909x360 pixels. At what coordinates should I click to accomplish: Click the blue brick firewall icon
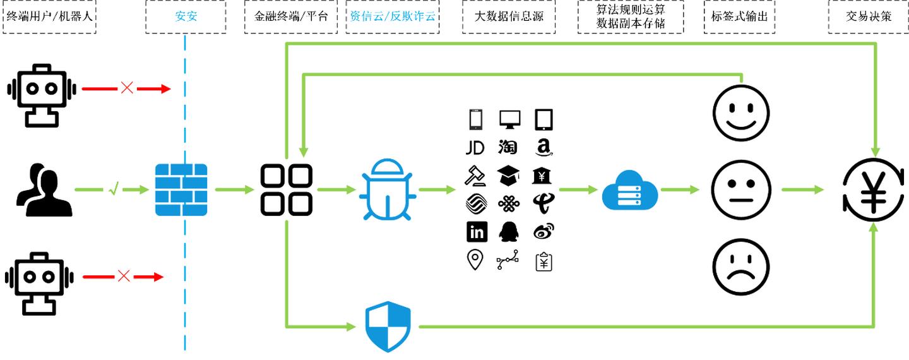point(181,189)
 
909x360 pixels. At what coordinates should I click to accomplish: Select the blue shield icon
point(388,327)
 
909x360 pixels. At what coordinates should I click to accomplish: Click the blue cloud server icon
point(629,189)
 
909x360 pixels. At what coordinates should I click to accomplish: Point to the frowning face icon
point(741,267)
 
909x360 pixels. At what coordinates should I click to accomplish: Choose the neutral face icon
point(741,189)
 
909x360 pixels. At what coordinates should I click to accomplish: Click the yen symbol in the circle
point(874,189)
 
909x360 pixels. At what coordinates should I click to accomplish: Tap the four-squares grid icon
point(287,189)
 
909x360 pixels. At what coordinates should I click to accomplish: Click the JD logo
point(475,148)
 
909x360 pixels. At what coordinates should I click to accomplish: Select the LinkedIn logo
point(477,232)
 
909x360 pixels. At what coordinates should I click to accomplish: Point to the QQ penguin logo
point(508,232)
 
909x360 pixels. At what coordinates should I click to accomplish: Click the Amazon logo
point(544,148)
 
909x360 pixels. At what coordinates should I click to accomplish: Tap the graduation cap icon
point(508,176)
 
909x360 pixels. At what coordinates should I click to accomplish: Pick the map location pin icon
point(475,260)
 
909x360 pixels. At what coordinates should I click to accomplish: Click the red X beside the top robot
point(127,88)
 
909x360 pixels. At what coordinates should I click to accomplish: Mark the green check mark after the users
point(114,189)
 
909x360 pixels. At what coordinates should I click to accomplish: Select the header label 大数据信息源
point(508,16)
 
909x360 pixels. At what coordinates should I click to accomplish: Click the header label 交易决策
point(869,16)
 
